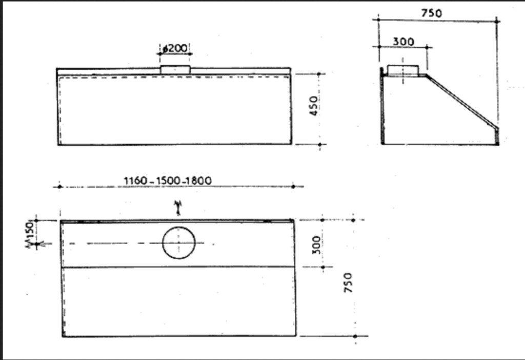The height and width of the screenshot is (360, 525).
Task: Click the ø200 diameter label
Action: coord(175,48)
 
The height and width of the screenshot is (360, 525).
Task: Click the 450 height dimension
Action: coord(314,106)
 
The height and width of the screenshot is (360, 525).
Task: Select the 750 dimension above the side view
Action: coord(432,13)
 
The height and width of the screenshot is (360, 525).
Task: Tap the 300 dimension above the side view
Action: coord(403,42)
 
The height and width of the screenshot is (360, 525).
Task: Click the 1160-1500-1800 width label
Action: coord(168,181)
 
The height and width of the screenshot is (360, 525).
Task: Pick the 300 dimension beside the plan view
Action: coord(316,245)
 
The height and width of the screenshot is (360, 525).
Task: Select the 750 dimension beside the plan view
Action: coord(348,282)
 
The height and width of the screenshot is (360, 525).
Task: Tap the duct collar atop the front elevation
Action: coord(175,70)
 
